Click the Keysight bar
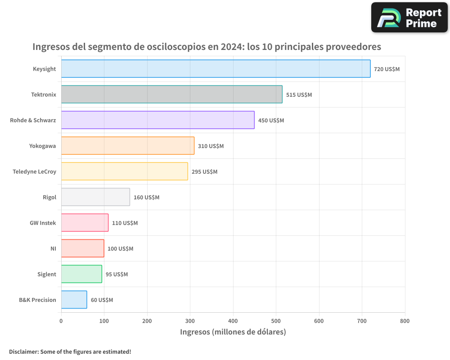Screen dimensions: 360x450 [x=216, y=69]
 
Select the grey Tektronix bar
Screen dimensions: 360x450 [x=171, y=94]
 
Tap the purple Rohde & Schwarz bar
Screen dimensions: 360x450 [x=157, y=120]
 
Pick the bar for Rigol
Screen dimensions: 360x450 [x=95, y=197]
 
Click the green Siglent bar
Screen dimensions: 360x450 [x=81, y=274]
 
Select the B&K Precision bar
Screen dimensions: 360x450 [x=74, y=300]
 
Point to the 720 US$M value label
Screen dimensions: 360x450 [x=387, y=69]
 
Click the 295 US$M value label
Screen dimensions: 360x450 [x=204, y=172]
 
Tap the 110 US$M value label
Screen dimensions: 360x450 [x=125, y=223]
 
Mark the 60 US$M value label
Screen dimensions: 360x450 [x=102, y=300]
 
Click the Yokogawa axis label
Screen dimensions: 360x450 [x=43, y=146]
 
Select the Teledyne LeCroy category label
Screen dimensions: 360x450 [x=35, y=171]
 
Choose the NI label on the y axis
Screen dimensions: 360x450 [x=53, y=248]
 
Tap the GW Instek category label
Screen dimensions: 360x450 [x=43, y=223]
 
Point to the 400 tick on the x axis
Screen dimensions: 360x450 [x=233, y=321]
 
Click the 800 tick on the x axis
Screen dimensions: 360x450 [x=405, y=321]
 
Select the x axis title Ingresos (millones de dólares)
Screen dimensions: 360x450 [x=233, y=332]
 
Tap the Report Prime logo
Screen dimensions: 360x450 [x=409, y=18]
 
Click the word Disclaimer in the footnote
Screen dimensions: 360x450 [x=23, y=351]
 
